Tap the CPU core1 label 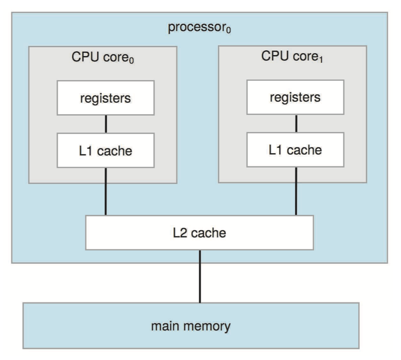coord(293,57)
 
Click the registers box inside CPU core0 coord(106,98)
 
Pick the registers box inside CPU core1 coord(295,97)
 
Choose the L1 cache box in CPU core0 coord(106,150)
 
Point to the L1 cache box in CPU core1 coord(295,149)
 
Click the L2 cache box coord(199,232)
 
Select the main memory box coord(191,326)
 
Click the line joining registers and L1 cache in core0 coord(106,124)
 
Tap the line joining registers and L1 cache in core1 coord(295,123)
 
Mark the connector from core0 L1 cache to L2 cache coord(106,191)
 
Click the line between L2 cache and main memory coord(199,276)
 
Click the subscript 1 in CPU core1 coord(323,59)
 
